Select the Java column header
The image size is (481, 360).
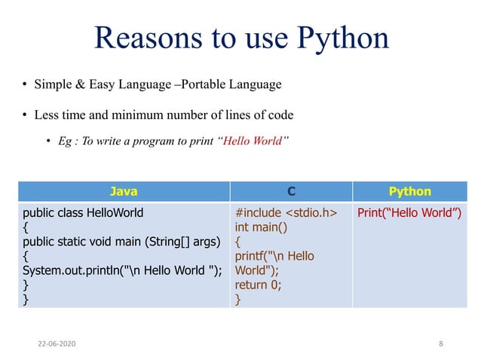tap(124, 191)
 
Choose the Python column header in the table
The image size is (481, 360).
tap(409, 191)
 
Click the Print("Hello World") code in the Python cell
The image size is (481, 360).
tap(409, 212)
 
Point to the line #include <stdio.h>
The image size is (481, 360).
tap(285, 212)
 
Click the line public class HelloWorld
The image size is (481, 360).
tap(83, 212)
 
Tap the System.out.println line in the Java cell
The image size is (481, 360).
tap(122, 270)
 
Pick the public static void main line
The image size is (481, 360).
tap(121, 242)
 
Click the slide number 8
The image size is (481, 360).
tap(440, 343)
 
